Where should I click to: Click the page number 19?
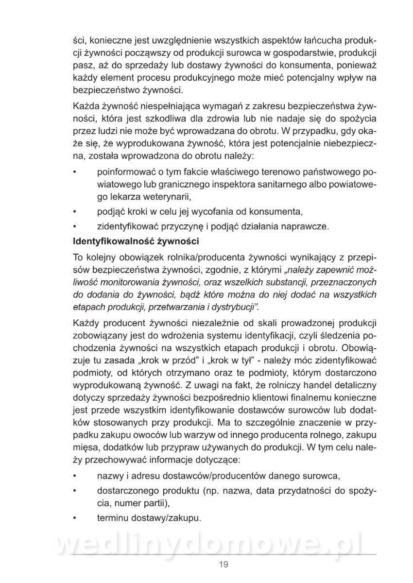223,565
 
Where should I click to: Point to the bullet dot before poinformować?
74,172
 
